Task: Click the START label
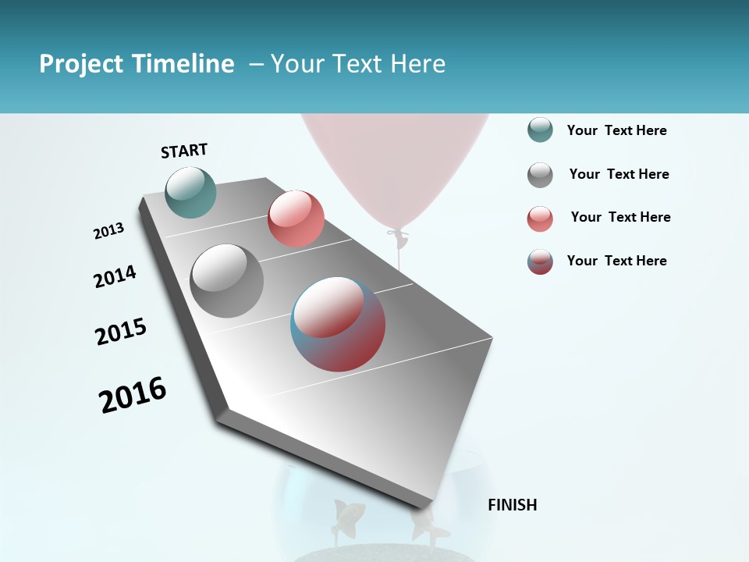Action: [184, 151]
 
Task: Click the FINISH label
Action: [512, 505]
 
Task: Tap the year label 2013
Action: [108, 231]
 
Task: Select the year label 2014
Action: [115, 276]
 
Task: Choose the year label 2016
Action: [133, 395]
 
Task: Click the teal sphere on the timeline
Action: [191, 192]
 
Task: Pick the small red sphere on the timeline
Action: [296, 219]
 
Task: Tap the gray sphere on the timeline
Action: [227, 281]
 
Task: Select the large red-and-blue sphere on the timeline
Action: [338, 324]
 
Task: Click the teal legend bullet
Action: [540, 130]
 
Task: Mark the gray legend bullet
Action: [540, 175]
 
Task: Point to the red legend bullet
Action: [540, 219]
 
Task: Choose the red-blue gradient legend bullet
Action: [540, 261]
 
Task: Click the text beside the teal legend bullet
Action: [616, 130]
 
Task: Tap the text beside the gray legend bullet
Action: [619, 174]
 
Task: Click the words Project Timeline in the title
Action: [137, 64]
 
